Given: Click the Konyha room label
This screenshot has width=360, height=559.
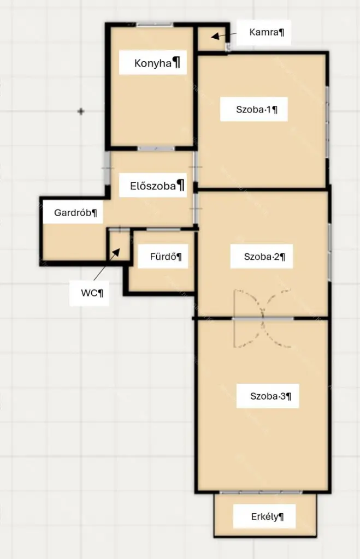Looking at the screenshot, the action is pyautogui.click(x=153, y=63).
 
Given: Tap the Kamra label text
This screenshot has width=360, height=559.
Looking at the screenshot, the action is pyautogui.click(x=264, y=32).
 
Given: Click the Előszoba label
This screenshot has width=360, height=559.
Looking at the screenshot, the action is pyautogui.click(x=153, y=186).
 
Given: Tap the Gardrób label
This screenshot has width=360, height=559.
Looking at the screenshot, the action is pyautogui.click(x=73, y=213).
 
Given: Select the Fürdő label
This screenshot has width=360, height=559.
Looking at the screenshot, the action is pyautogui.click(x=163, y=257).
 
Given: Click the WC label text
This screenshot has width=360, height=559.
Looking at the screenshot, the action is pyautogui.click(x=89, y=293).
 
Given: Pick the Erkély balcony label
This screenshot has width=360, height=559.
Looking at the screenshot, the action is pyautogui.click(x=264, y=516).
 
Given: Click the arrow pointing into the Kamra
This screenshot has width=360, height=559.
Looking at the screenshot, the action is pyautogui.click(x=223, y=35).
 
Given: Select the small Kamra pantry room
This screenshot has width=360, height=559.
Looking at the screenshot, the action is pyautogui.click(x=212, y=39).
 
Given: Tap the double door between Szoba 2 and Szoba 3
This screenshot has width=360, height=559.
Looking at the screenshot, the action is pyautogui.click(x=263, y=318).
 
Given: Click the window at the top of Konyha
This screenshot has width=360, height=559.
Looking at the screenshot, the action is pyautogui.click(x=155, y=25).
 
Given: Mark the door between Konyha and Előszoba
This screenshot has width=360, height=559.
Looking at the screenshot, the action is pyautogui.click(x=156, y=148).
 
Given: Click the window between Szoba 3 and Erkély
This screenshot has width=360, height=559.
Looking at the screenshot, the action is pyautogui.click(x=261, y=492).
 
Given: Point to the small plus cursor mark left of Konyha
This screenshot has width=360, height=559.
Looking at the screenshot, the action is pyautogui.click(x=81, y=111).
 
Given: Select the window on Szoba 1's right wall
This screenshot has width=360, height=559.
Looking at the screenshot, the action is pyautogui.click(x=327, y=122).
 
